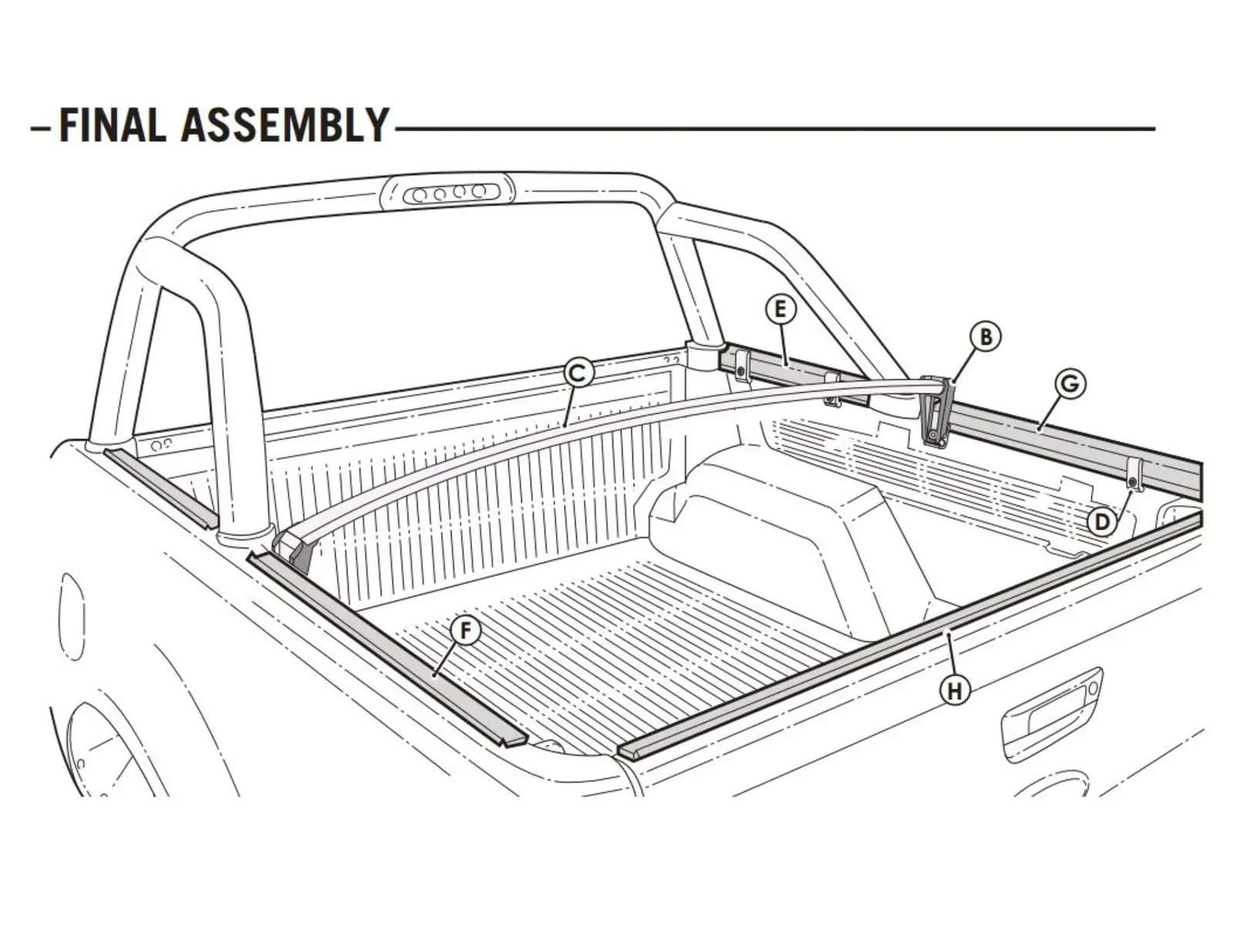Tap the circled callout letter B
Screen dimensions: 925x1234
pyautogui.click(x=985, y=336)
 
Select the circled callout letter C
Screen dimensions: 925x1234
pyautogui.click(x=578, y=373)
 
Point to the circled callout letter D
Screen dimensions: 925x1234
pyautogui.click(x=1102, y=522)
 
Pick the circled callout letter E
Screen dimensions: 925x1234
pyautogui.click(x=781, y=310)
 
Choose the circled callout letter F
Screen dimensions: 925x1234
pyautogui.click(x=465, y=631)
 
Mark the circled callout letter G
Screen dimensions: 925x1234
pyautogui.click(x=1070, y=384)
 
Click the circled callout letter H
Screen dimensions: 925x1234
pyautogui.click(x=956, y=691)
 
